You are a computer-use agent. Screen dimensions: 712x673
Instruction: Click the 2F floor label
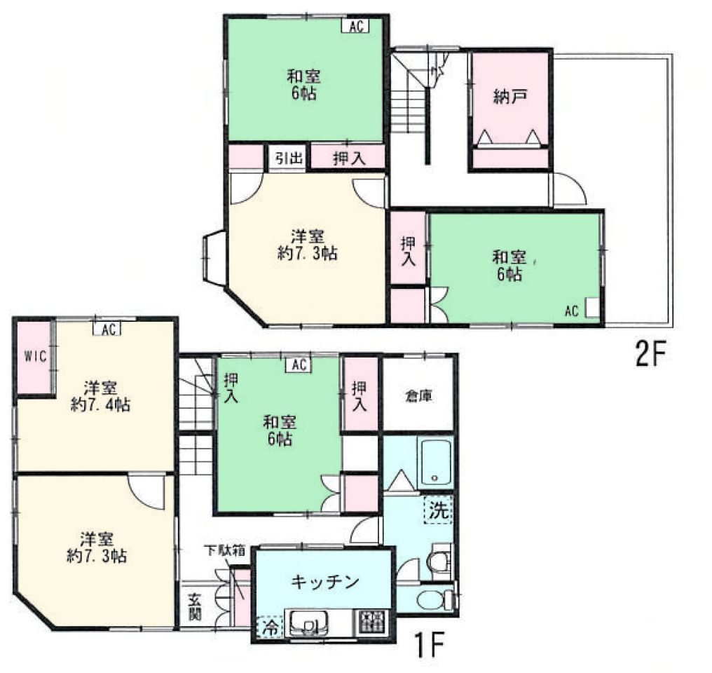[650, 354]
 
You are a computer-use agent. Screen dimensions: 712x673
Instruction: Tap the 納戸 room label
[510, 97]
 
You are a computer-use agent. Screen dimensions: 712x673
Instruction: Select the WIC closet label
[36, 357]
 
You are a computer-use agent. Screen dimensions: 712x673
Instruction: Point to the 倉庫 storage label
[418, 396]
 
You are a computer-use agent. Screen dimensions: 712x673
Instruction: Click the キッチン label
[325, 582]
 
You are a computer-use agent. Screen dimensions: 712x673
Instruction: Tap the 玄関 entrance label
[195, 607]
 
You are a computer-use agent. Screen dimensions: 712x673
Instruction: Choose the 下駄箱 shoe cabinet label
[224, 551]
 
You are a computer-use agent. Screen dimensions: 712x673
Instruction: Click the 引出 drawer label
[288, 158]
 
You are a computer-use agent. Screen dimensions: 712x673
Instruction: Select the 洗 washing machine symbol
[439, 510]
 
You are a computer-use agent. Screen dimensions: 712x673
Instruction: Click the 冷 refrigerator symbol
[271, 628]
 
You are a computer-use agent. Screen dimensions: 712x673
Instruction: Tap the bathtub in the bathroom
[435, 462]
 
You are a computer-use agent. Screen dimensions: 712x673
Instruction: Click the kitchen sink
[309, 623]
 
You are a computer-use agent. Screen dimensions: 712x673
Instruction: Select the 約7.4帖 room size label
[100, 405]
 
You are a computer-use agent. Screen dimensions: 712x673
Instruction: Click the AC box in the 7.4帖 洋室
[107, 329]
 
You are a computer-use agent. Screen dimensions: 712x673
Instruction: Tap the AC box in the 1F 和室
[299, 365]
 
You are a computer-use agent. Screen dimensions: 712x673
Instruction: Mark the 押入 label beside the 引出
[349, 158]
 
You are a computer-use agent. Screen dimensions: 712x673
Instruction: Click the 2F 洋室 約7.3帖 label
[308, 245]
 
